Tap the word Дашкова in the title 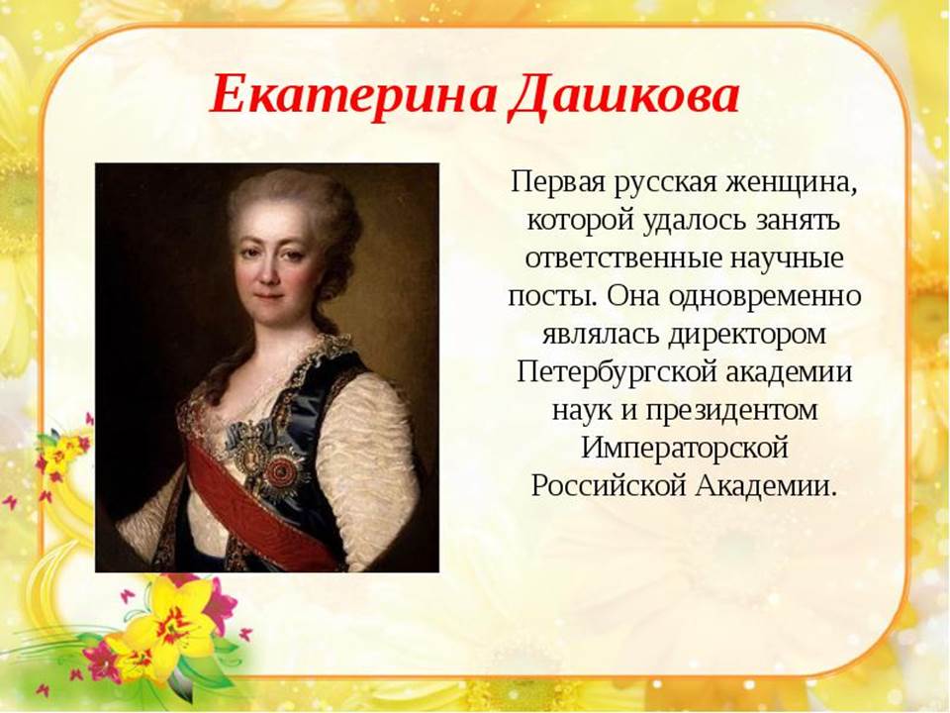pos(623,97)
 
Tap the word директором pos(747,335)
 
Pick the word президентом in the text pos(731,410)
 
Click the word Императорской pos(685,448)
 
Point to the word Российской pos(608,486)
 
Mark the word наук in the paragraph pos(581,411)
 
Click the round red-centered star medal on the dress pos(281,471)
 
